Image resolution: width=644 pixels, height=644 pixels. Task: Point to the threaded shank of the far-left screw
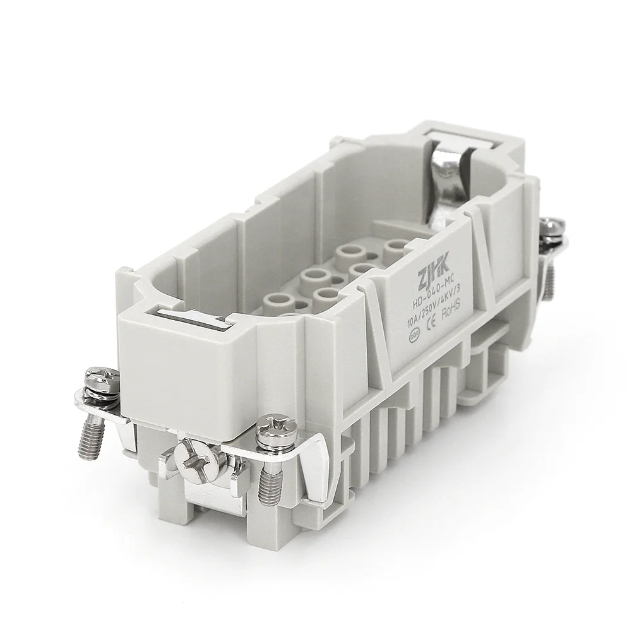point(88,441)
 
